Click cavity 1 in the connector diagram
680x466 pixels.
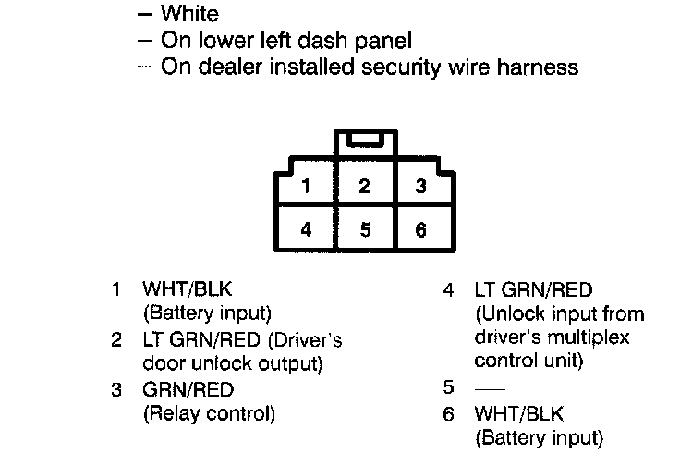tap(307, 186)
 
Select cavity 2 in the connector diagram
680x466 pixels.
tap(365, 186)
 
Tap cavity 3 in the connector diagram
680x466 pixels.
tap(421, 186)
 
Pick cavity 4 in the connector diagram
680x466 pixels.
tap(307, 229)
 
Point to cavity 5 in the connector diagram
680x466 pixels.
tap(365, 229)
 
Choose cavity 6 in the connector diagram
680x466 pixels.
tap(421, 229)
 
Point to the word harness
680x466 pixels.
tap(545, 67)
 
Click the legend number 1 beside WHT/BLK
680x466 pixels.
tap(116, 289)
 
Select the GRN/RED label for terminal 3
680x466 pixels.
tap(188, 389)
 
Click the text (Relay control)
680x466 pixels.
tap(209, 413)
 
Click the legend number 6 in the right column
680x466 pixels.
tap(449, 413)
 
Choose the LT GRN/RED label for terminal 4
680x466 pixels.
tap(533, 289)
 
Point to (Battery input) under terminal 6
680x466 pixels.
tap(539, 436)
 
